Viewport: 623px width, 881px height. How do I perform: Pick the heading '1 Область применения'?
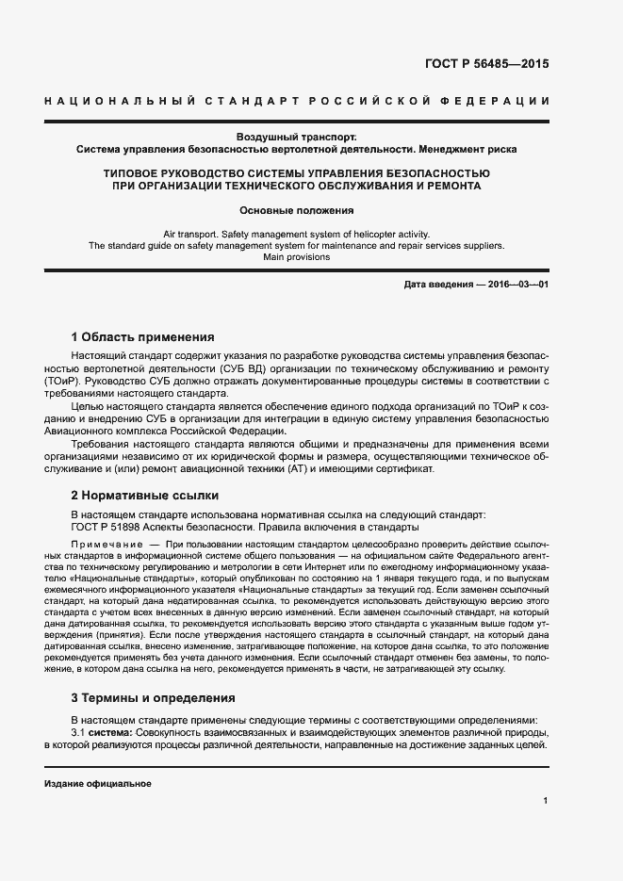143,336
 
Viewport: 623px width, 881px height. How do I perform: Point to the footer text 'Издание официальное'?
98,784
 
